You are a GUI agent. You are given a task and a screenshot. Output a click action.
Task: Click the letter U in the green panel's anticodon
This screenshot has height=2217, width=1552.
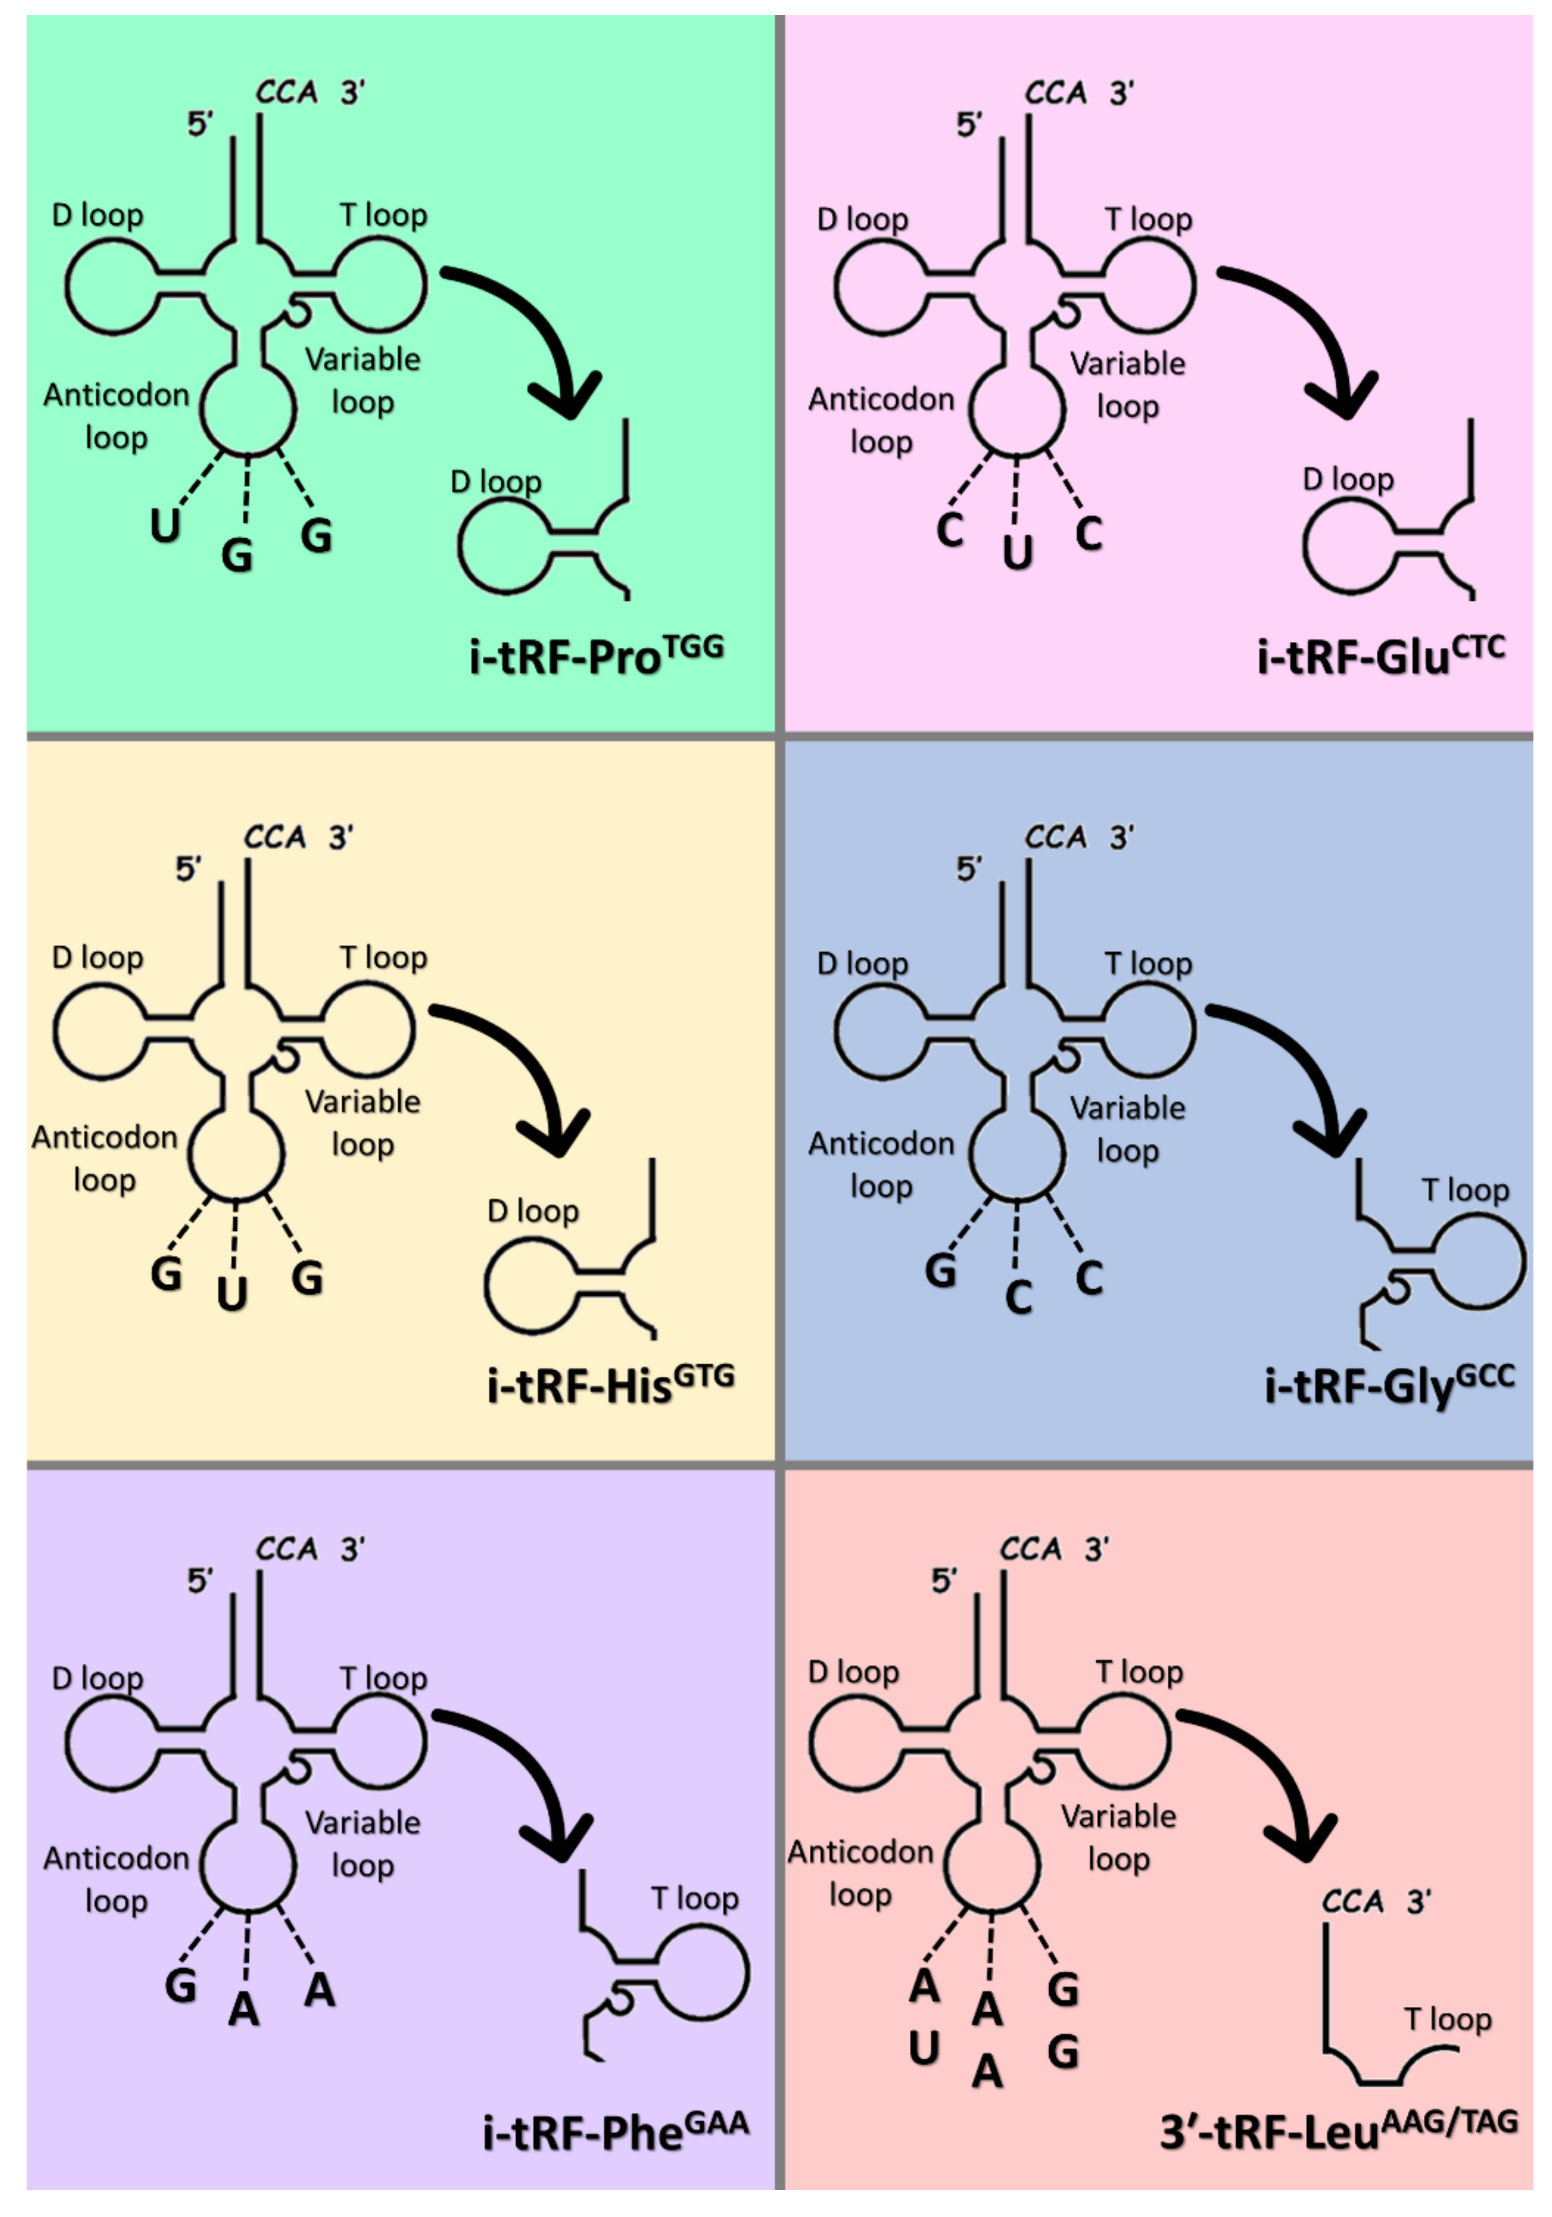point(165,526)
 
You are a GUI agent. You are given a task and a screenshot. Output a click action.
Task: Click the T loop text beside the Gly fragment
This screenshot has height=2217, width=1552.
point(1464,1190)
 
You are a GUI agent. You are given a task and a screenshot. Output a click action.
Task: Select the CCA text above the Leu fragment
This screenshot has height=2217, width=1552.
point(1352,1902)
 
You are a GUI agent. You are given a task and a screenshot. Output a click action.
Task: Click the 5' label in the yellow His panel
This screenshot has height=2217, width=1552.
point(188,869)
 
